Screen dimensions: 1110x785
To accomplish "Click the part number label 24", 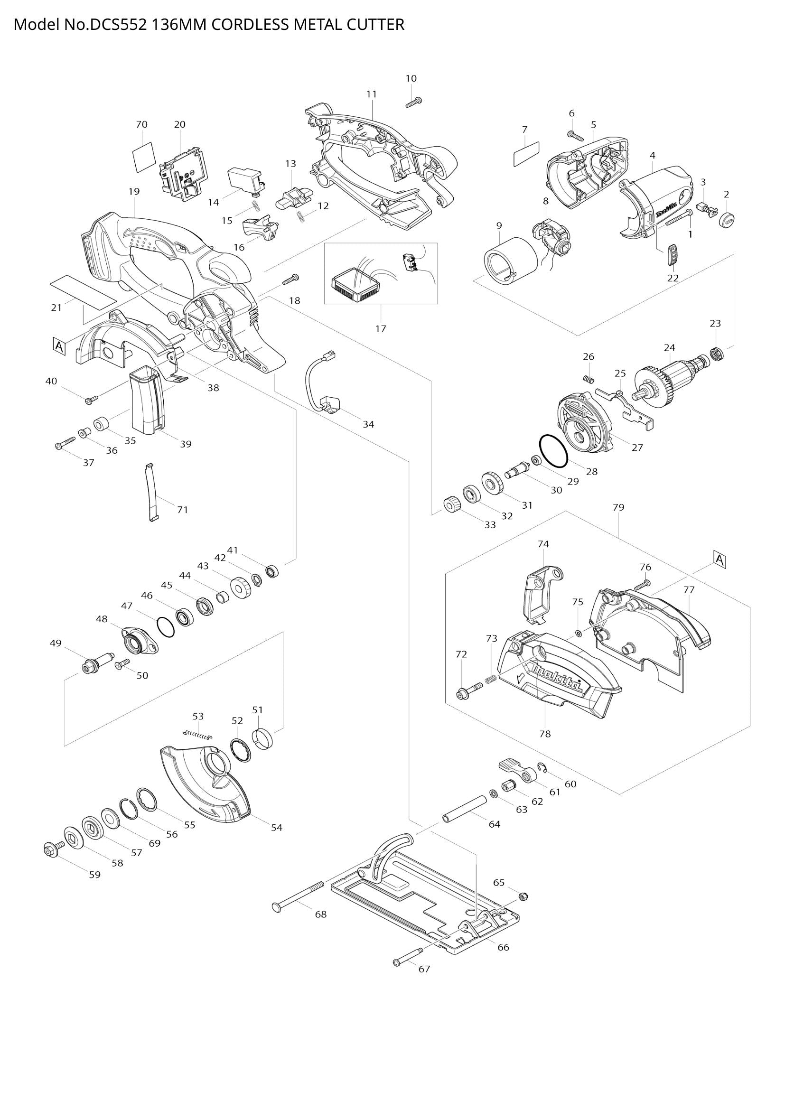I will pos(670,347).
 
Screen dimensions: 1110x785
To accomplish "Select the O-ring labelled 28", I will pos(553,450).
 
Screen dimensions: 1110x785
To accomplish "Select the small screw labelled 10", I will pos(414,102).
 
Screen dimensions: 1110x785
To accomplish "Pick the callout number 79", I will pos(618,507).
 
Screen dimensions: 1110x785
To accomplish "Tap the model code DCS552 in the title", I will pos(116,24).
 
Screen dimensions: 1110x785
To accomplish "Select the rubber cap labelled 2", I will pos(727,220).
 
